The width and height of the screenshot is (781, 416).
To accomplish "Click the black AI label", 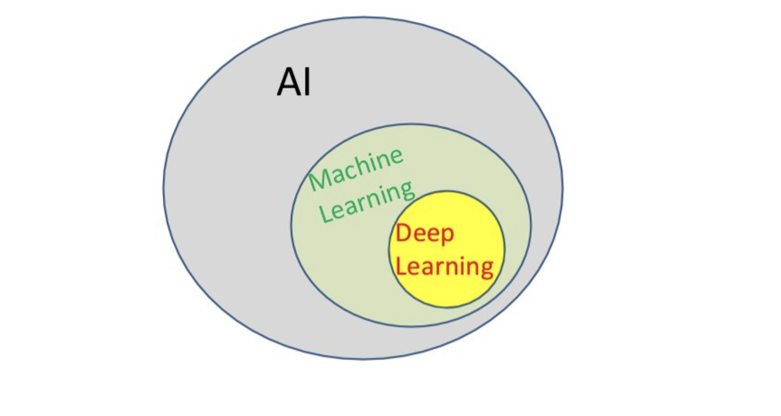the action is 293,82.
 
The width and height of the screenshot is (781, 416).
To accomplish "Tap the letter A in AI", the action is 288,82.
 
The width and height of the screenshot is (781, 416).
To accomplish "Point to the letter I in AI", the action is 307,82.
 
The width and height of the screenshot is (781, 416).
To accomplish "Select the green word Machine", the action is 356,169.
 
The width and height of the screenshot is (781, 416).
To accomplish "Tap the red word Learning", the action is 445,267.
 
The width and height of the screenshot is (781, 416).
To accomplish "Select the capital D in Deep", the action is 403,233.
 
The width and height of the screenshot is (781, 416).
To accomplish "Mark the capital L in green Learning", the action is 325,213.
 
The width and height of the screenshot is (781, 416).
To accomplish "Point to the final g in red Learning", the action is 487,270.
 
